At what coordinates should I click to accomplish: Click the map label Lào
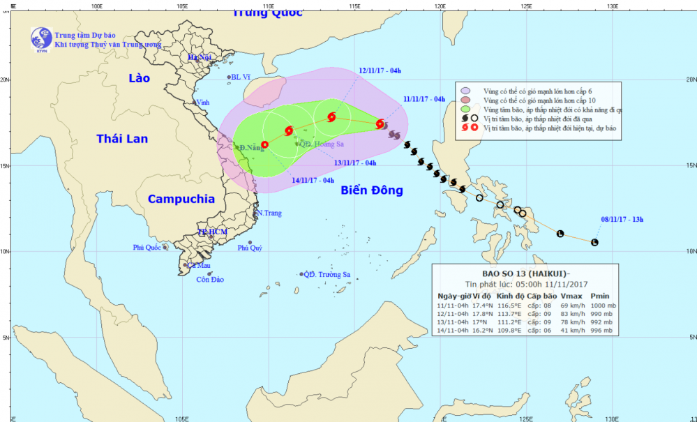click(x=140, y=78)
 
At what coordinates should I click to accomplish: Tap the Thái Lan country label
click(x=122, y=139)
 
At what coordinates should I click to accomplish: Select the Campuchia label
click(x=181, y=199)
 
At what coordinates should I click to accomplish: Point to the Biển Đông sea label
click(x=372, y=190)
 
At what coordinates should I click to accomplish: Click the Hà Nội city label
click(x=200, y=57)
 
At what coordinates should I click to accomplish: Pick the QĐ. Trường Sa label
click(x=327, y=275)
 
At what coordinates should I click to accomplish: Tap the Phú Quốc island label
click(x=147, y=248)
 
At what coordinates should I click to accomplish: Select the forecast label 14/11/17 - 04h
click(x=313, y=180)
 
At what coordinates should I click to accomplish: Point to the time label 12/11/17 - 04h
click(x=380, y=70)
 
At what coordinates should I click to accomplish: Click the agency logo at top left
click(x=40, y=39)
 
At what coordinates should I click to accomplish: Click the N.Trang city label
click(x=269, y=213)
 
